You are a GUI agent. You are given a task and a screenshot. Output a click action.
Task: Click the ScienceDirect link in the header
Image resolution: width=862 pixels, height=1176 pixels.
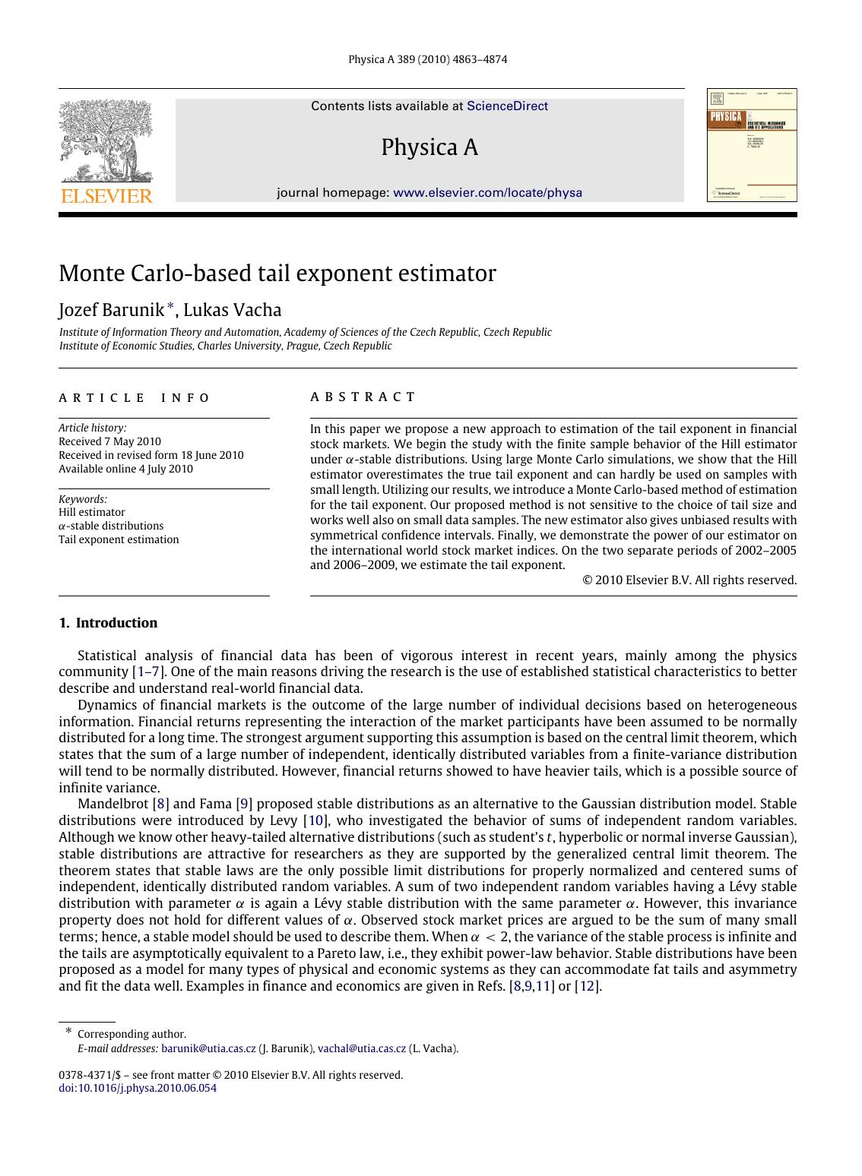click(507, 106)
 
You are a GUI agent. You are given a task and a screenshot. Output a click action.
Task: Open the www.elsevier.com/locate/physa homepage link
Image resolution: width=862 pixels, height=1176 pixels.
click(487, 193)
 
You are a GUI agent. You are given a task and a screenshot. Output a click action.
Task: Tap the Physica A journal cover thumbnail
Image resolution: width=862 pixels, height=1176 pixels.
click(752, 145)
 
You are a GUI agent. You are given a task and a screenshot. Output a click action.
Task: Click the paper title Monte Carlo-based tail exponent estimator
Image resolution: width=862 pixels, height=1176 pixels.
click(277, 273)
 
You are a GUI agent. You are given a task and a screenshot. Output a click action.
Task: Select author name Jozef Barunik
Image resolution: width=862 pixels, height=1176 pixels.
click(111, 310)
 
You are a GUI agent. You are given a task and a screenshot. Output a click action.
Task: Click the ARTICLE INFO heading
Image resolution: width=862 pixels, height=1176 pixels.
click(135, 398)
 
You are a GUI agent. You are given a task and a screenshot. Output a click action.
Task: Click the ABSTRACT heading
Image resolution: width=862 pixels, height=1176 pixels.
click(363, 397)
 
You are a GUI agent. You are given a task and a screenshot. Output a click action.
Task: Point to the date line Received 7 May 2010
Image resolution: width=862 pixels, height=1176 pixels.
click(110, 441)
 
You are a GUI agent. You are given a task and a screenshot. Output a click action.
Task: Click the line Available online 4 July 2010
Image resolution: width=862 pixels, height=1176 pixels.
click(126, 469)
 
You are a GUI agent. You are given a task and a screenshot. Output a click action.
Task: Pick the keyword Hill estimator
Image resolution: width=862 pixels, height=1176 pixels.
click(92, 512)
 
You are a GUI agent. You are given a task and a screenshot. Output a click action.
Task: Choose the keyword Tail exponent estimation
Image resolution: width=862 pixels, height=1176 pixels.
click(119, 539)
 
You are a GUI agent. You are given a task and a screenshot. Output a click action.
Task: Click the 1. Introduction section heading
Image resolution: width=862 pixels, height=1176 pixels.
click(108, 623)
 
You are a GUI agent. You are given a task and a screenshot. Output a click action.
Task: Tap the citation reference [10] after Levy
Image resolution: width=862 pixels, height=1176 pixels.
click(315, 820)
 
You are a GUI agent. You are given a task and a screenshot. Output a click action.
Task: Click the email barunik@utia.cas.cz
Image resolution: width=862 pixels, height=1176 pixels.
click(208, 1049)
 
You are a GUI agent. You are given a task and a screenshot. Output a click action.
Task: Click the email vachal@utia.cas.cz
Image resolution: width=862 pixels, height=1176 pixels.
click(362, 1049)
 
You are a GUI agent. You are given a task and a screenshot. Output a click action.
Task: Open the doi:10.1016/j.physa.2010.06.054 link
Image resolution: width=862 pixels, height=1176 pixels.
click(138, 1088)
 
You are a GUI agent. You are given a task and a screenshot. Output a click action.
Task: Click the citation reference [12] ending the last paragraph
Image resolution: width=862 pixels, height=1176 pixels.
click(588, 987)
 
